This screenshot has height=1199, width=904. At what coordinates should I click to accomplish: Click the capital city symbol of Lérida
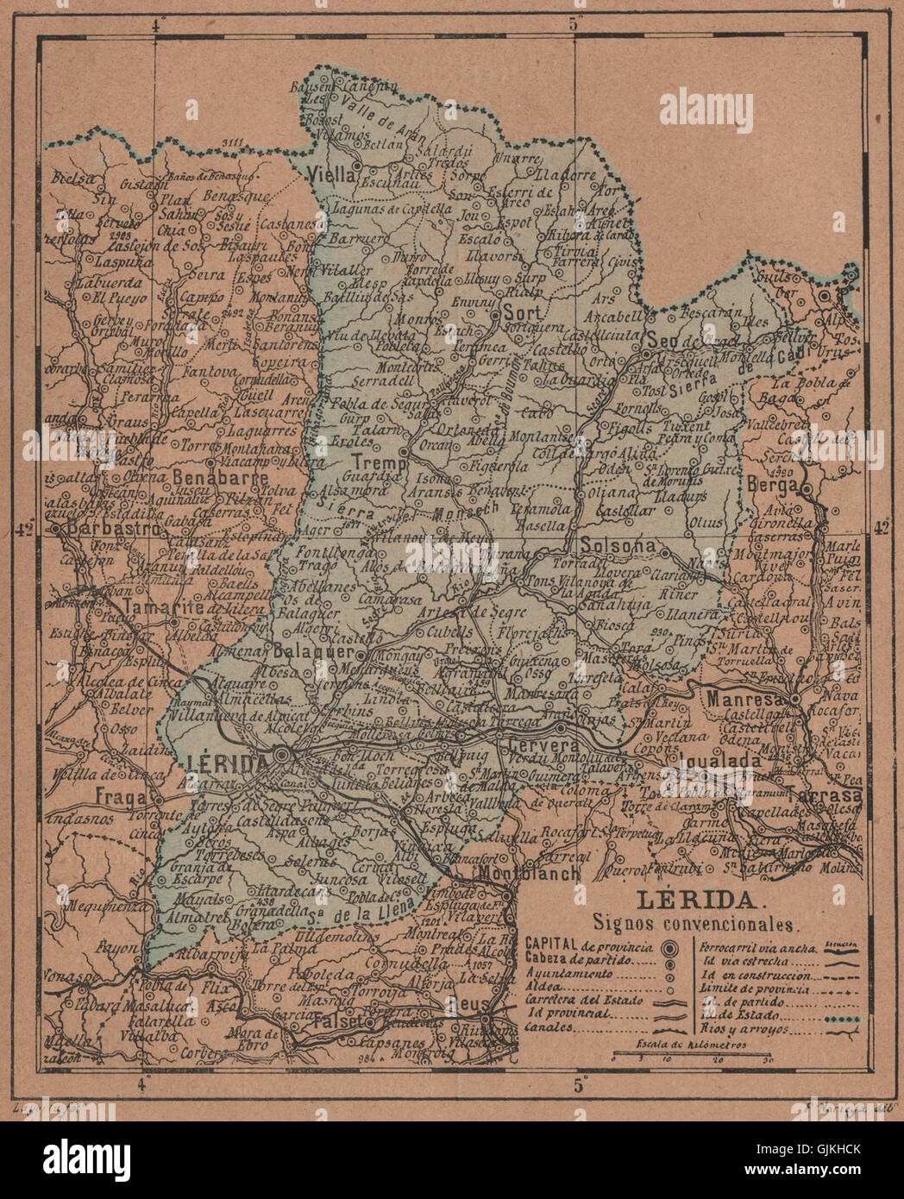(x=282, y=756)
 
